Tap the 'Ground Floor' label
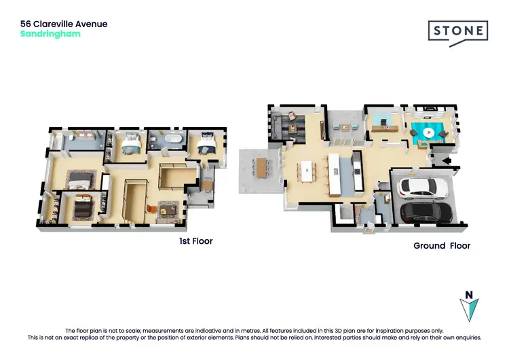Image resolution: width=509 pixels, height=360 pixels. click(442, 246)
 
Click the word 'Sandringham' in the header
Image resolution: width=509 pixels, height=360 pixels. click(50, 33)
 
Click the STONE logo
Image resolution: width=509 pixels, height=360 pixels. click(457, 31)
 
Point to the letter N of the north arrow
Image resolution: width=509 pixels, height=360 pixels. click(467, 295)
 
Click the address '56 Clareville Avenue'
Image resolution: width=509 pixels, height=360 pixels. click(64, 24)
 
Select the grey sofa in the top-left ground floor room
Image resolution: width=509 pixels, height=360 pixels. click(280, 125)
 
